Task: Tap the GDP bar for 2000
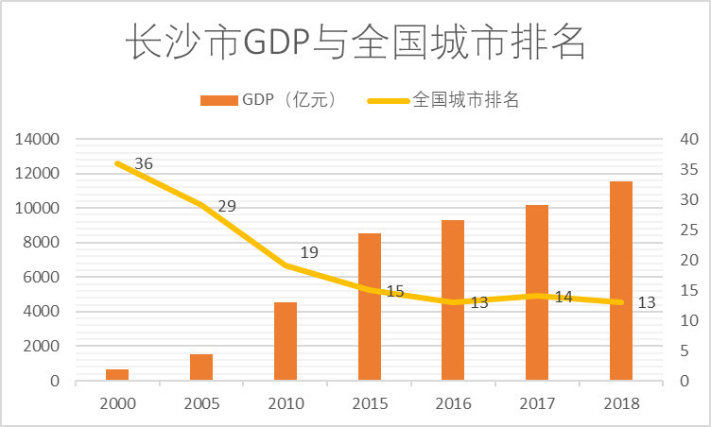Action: pyautogui.click(x=117, y=375)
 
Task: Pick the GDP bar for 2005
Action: pyautogui.click(x=201, y=367)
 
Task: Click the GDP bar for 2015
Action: pyautogui.click(x=370, y=307)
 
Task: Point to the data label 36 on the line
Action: pyautogui.click(x=144, y=164)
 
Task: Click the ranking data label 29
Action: pyautogui.click(x=227, y=206)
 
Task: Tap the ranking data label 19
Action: pyautogui.click(x=309, y=252)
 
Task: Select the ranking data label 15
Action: pyautogui.click(x=394, y=292)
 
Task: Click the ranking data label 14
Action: pyautogui.click(x=564, y=298)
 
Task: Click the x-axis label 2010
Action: pyautogui.click(x=286, y=403)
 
